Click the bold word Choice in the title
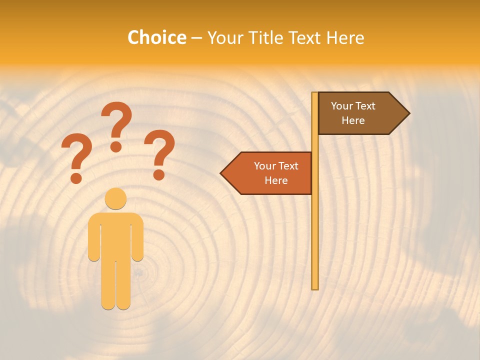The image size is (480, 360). (x=156, y=37)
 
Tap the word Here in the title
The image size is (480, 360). (x=345, y=37)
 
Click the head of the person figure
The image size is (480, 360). (x=115, y=198)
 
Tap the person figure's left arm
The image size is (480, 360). (x=93, y=240)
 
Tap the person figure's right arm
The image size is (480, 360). (x=138, y=240)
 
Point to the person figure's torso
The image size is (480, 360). (x=115, y=235)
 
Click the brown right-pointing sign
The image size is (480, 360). (x=357, y=113)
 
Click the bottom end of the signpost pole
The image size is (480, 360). (x=315, y=287)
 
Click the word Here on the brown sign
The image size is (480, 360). (x=353, y=120)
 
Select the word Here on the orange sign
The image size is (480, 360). (x=276, y=180)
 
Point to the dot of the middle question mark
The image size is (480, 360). (x=116, y=146)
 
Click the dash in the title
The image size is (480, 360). (x=196, y=38)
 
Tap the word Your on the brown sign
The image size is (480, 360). (x=342, y=106)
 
